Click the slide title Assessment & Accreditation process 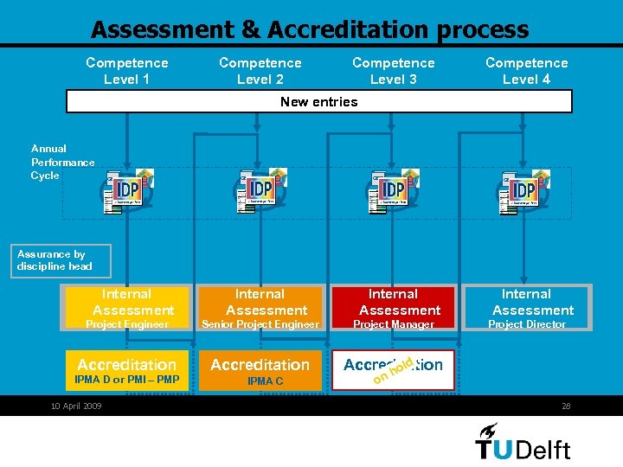(310, 29)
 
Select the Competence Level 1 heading (127, 71)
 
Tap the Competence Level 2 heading (260, 71)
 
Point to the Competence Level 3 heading (394, 71)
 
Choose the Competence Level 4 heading (526, 71)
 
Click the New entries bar (319, 102)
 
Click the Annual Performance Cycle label (62, 162)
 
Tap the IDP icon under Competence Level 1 (128, 190)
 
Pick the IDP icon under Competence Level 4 (523, 190)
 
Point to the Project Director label (526, 324)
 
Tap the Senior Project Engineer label (260, 324)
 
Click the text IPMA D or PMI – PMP (127, 380)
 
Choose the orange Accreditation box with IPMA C (260, 370)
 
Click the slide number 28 (567, 406)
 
